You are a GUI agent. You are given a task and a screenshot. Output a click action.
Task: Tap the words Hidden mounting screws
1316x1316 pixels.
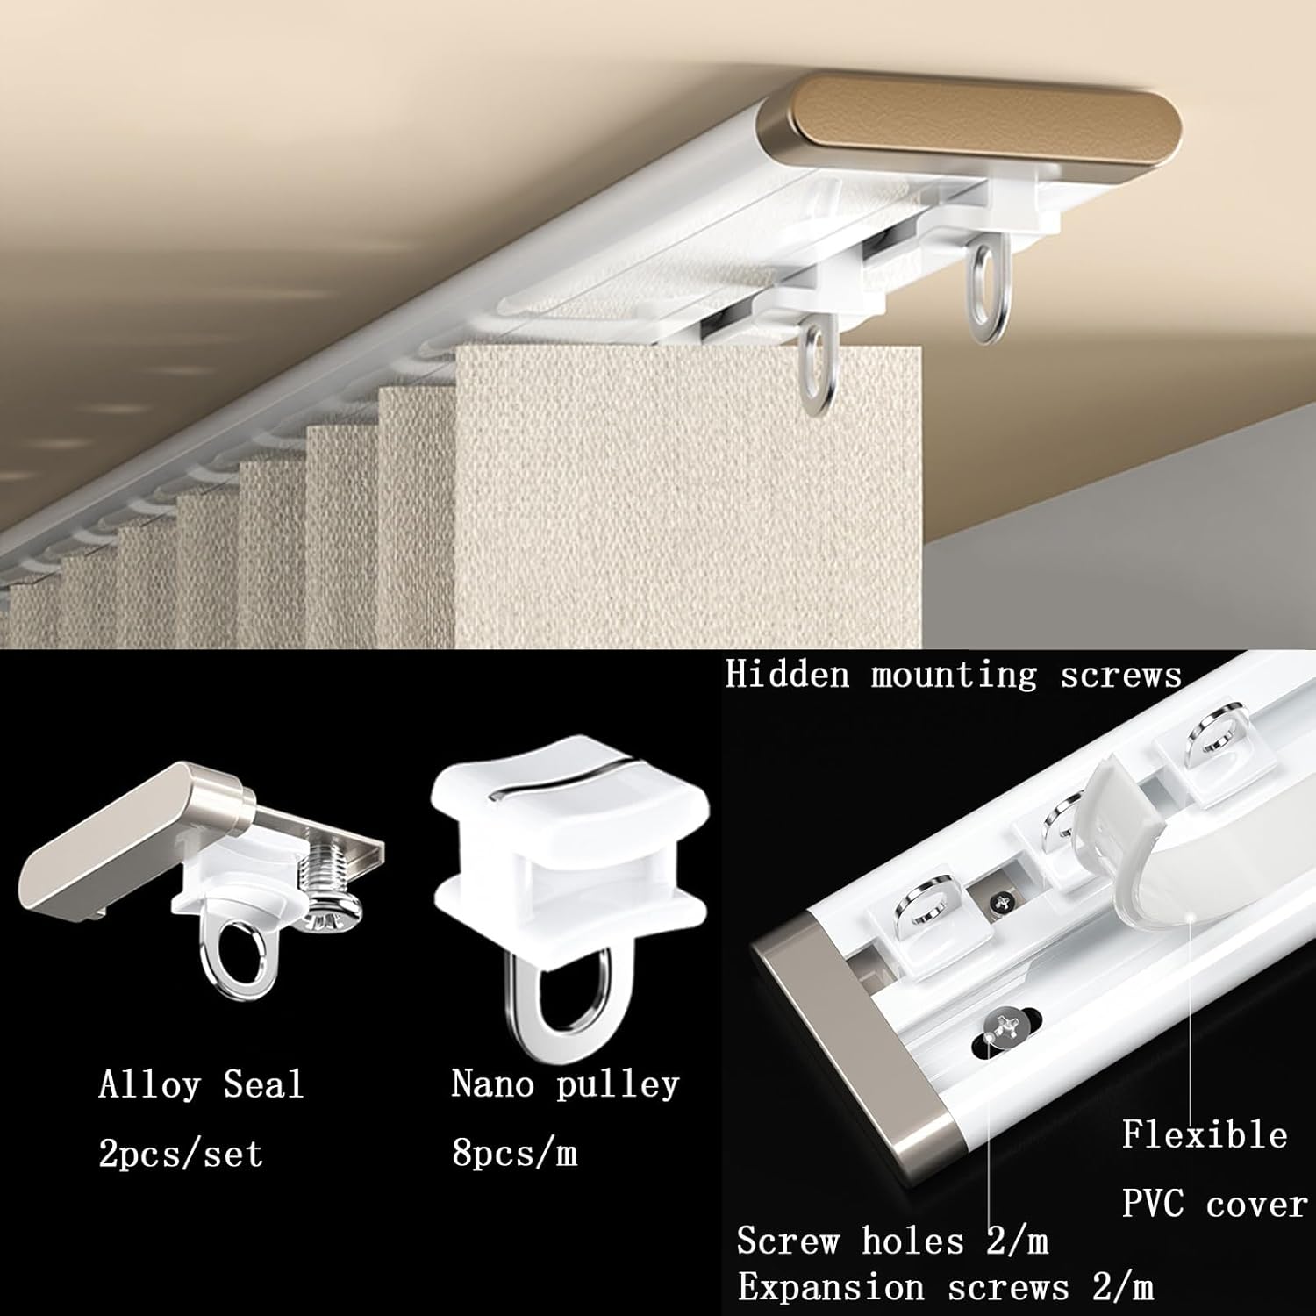[x=954, y=676]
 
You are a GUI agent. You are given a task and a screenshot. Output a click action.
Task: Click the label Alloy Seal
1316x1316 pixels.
[x=201, y=1085]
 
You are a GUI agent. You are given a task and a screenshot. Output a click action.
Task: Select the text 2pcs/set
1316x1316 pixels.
[x=181, y=1154]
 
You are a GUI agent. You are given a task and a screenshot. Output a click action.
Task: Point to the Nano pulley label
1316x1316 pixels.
[x=565, y=1085]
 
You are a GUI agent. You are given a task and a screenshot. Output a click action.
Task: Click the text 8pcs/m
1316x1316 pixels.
[x=515, y=1154]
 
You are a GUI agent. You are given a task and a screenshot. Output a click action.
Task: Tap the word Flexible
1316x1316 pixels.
[x=1205, y=1135]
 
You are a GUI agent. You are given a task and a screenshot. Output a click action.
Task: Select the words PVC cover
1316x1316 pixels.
[x=1214, y=1204]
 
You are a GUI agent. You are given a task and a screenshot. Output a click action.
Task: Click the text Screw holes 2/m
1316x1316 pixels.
[x=892, y=1241]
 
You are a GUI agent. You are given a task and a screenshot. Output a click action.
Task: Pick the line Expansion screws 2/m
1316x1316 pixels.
[x=945, y=1288]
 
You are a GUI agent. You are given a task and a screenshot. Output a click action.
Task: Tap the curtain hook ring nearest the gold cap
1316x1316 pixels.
[x=986, y=281]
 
